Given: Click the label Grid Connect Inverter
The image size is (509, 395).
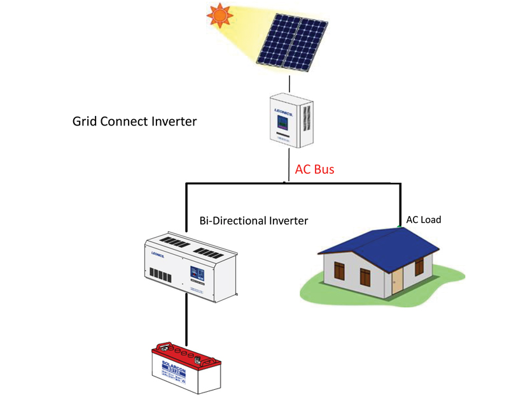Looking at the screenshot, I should point(135,120).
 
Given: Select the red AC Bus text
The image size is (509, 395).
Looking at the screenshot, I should point(314,170).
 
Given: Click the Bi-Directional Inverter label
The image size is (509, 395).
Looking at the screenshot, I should point(253,220).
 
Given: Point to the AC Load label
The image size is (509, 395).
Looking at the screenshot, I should point(424,220).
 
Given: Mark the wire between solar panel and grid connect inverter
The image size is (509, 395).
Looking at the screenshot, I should point(289,83).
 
